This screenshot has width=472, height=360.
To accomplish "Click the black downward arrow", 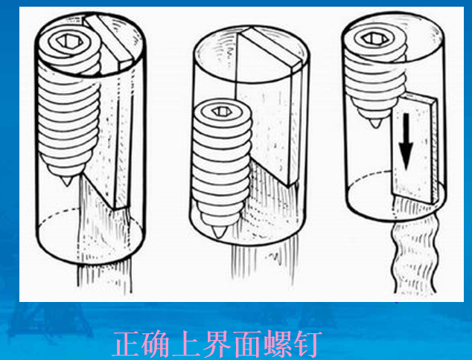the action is pyautogui.click(x=405, y=142).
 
